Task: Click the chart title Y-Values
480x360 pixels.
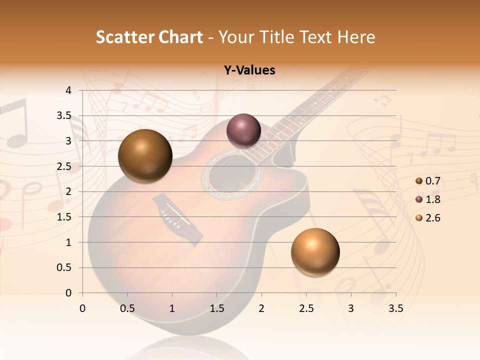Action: tap(249, 70)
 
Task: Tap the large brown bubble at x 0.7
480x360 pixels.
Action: tap(145, 156)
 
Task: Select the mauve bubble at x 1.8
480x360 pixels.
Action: tap(243, 130)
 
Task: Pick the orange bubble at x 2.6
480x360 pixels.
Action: tap(315, 252)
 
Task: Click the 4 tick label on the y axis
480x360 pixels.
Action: tap(68, 90)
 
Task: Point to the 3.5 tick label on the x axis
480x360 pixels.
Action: tap(396, 308)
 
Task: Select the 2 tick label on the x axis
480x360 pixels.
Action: tap(261, 308)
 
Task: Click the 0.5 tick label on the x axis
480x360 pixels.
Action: tap(127, 308)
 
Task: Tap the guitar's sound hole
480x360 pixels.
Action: tap(230, 175)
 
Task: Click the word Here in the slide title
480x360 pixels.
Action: tap(355, 37)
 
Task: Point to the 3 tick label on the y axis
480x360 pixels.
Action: tap(68, 141)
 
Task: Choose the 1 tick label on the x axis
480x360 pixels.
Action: tap(172, 308)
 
